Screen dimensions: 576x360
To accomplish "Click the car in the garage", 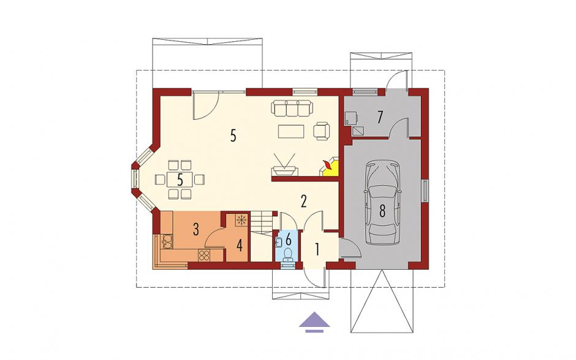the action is coord(382,202).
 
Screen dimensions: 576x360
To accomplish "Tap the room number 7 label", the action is coord(380,117).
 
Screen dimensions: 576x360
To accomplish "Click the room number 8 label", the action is coord(382,211).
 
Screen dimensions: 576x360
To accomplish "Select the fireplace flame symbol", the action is coord(327,166).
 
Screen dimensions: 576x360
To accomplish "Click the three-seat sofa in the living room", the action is coord(292,107).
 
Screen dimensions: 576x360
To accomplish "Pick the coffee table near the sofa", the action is coord(291,131).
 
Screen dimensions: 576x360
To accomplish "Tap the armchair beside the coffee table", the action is coord(322,131).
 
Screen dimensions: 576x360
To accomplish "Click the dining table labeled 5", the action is coord(180,180).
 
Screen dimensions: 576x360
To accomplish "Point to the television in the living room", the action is coord(284,165).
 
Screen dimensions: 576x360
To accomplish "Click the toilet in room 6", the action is coord(289,253).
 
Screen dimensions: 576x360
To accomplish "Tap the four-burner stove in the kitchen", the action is coord(204,255).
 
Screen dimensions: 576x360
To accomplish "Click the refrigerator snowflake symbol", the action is coord(241,220).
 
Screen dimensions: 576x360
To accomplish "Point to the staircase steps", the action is coord(262,222).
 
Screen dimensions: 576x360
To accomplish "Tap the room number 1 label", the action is coord(317,250).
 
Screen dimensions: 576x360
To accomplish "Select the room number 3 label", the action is coord(196,230).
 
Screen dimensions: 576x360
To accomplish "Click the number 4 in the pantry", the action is coord(239,245).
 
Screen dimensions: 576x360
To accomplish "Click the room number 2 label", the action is coord(303,201).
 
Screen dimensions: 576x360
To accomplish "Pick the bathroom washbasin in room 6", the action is coord(278,242).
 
